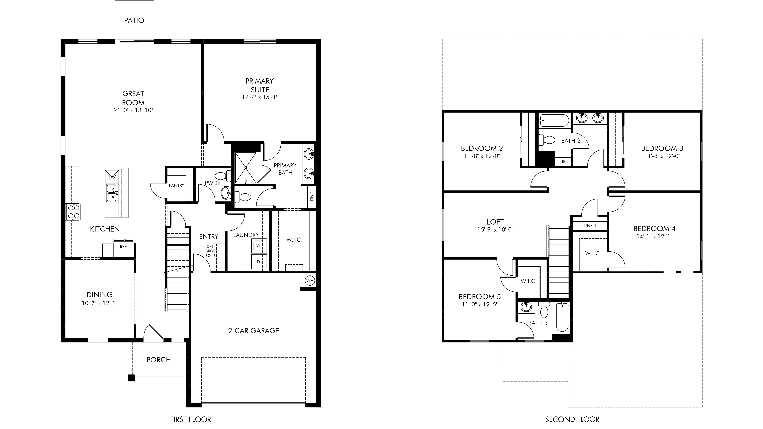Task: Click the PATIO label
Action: tap(134, 20)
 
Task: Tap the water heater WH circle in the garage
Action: tap(310, 281)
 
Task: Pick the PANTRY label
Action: tap(177, 185)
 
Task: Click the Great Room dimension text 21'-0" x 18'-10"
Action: tap(133, 110)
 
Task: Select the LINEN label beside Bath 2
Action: tap(562, 162)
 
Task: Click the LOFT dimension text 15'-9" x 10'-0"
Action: tap(495, 230)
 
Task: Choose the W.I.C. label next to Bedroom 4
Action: tap(593, 253)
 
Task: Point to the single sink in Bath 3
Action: tap(526, 307)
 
